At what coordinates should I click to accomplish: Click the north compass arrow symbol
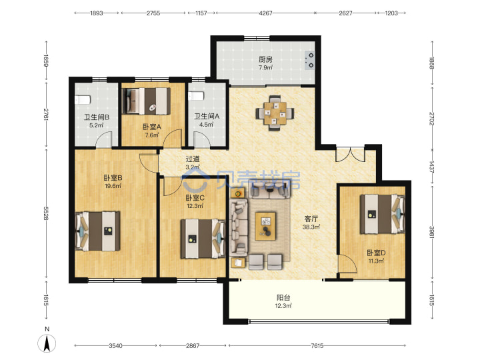coord(47,343)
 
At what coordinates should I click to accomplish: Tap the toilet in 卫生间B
coord(83,100)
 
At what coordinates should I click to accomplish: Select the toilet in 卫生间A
coord(196,96)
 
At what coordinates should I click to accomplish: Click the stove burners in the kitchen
coord(310,60)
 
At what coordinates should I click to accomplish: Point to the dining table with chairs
coord(275,113)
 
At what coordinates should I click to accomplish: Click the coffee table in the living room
coord(265,226)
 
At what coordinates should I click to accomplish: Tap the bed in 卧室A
coord(146,101)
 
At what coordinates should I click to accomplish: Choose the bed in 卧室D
coord(383,214)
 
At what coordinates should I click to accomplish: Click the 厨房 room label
coord(265,59)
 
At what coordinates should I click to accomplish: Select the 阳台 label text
coord(283,297)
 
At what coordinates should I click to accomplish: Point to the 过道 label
coord(193,159)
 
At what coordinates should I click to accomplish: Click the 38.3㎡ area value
coord(311,227)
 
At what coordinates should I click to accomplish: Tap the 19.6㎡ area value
coord(113,186)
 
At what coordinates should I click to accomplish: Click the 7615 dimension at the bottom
coord(317,346)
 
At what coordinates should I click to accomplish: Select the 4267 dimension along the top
coord(265,13)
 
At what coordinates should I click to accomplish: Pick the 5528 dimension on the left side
coord(46,213)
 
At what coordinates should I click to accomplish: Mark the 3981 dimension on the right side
coord(432,233)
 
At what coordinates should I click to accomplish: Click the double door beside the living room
coord(350,155)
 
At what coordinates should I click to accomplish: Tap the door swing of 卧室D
coord(347,263)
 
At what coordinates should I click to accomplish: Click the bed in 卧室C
coord(203,239)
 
